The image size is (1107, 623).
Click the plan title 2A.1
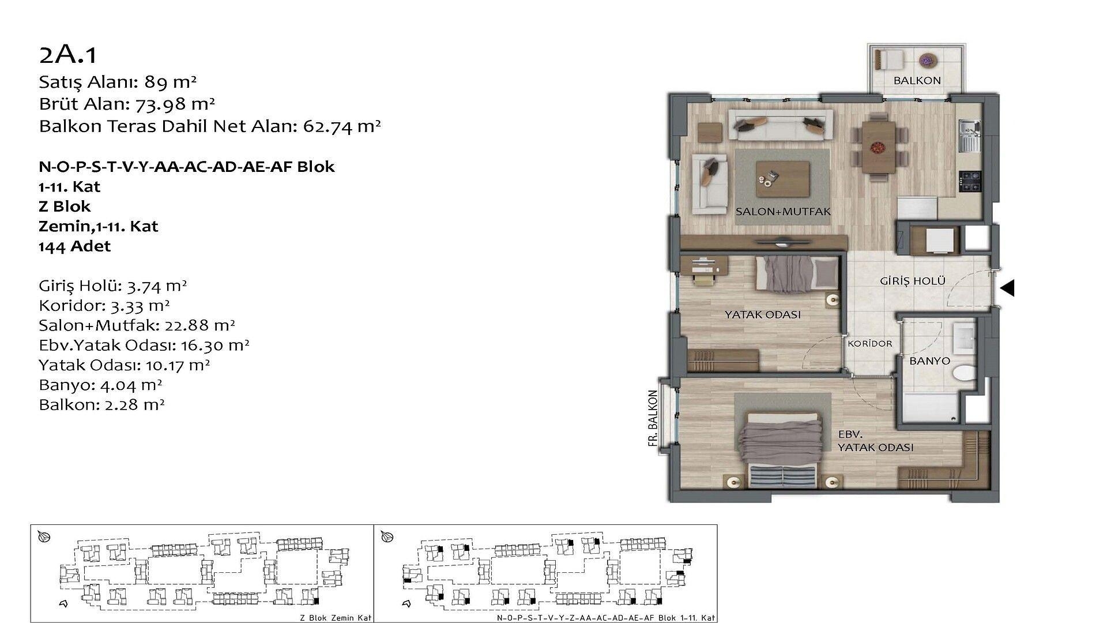68,55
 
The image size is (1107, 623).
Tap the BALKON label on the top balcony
917,81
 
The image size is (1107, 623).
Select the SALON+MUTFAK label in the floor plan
783,212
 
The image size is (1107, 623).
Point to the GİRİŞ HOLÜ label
913,281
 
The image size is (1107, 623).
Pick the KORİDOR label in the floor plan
870,344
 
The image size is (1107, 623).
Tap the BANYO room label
929,361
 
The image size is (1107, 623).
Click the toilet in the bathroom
963,373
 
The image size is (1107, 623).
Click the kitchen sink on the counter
969,136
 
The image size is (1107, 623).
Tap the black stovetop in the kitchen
969,182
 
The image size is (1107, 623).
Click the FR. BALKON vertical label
653,418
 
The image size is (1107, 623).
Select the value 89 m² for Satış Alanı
171,82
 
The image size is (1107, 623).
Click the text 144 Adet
74,246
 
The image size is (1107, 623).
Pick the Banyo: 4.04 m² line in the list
100,385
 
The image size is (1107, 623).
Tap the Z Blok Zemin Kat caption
336,617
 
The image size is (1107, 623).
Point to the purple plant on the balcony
926,59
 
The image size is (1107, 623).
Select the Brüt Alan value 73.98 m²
175,104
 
